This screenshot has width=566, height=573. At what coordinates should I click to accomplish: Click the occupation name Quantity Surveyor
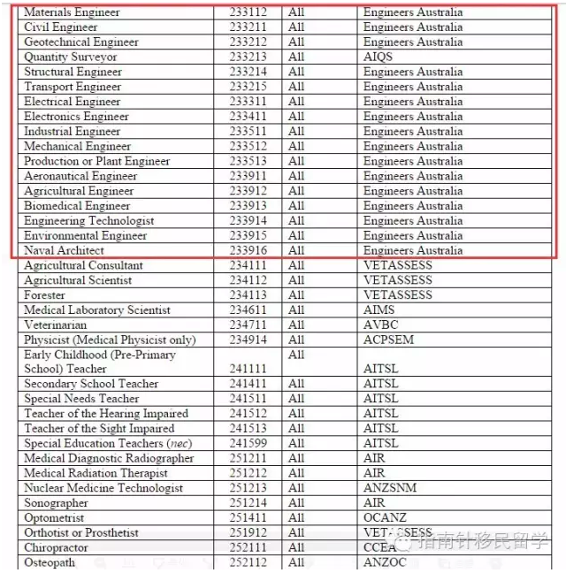coord(71,57)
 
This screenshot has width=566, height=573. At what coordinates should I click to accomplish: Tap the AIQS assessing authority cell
coord(378,57)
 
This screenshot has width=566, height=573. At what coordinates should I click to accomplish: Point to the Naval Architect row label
coord(65,251)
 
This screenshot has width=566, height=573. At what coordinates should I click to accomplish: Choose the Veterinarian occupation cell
coord(56,325)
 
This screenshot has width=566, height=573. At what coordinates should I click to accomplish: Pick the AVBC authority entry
coord(380,325)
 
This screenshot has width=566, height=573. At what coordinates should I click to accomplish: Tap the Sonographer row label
coord(57,503)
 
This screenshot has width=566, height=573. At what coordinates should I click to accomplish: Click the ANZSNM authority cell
coord(390,488)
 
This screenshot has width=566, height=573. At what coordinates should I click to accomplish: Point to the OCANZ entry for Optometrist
coord(386,518)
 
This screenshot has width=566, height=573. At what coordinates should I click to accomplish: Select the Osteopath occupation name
coord(50,563)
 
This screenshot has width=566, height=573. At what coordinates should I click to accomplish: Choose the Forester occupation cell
coord(45,295)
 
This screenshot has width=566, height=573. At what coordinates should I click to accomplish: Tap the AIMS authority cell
coord(379,310)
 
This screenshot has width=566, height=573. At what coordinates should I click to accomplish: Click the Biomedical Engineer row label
coord(77,206)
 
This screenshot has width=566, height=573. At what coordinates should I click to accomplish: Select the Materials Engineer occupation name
coord(72,12)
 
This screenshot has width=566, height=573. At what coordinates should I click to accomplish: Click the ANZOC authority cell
coord(386,563)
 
